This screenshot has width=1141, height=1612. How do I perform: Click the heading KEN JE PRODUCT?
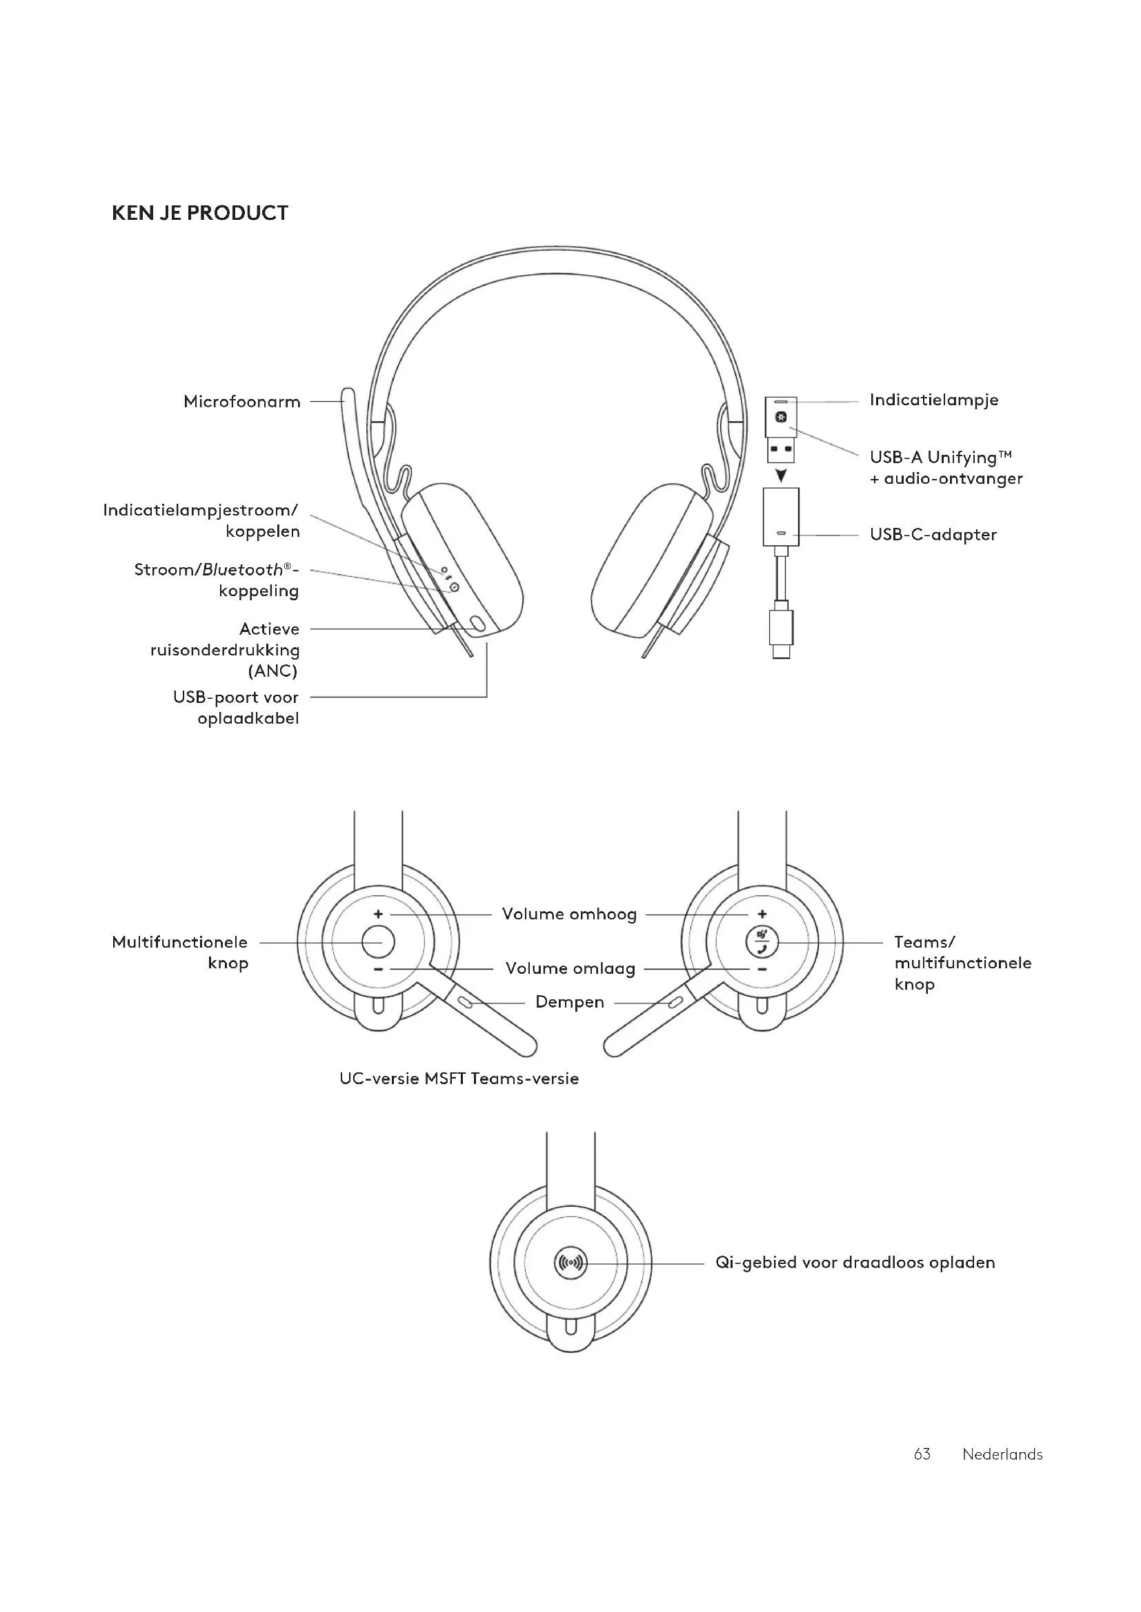coord(199,214)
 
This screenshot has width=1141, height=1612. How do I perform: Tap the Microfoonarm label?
coord(241,402)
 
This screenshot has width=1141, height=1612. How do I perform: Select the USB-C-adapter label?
coord(933,534)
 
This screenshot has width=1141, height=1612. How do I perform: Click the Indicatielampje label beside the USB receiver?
coord(933,400)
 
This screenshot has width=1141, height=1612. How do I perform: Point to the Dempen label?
coord(569,1002)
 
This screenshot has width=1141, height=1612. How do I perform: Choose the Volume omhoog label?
coord(569,914)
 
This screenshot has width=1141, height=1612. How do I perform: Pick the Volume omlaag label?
coord(570,968)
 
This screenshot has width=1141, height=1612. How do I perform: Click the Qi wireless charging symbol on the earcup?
coord(570,1263)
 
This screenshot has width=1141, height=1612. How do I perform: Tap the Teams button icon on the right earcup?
coord(762,941)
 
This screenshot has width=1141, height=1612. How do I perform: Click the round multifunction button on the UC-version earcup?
coord(378,941)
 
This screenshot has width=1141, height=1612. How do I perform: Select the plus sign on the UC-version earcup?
coord(378,914)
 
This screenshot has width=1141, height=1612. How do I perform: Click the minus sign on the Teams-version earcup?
coord(762,970)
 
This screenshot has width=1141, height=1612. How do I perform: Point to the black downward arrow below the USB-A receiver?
coord(781,476)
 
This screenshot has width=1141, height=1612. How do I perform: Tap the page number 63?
coord(922,1454)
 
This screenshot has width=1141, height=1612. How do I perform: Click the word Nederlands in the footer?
coord(1002,1454)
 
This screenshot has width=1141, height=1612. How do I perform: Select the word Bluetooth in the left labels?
coord(241,569)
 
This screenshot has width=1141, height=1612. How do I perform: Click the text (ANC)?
coord(272,671)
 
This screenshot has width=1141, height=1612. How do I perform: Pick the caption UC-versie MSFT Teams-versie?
coord(459,1079)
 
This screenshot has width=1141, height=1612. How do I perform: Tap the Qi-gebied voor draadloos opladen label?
coord(854,1263)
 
